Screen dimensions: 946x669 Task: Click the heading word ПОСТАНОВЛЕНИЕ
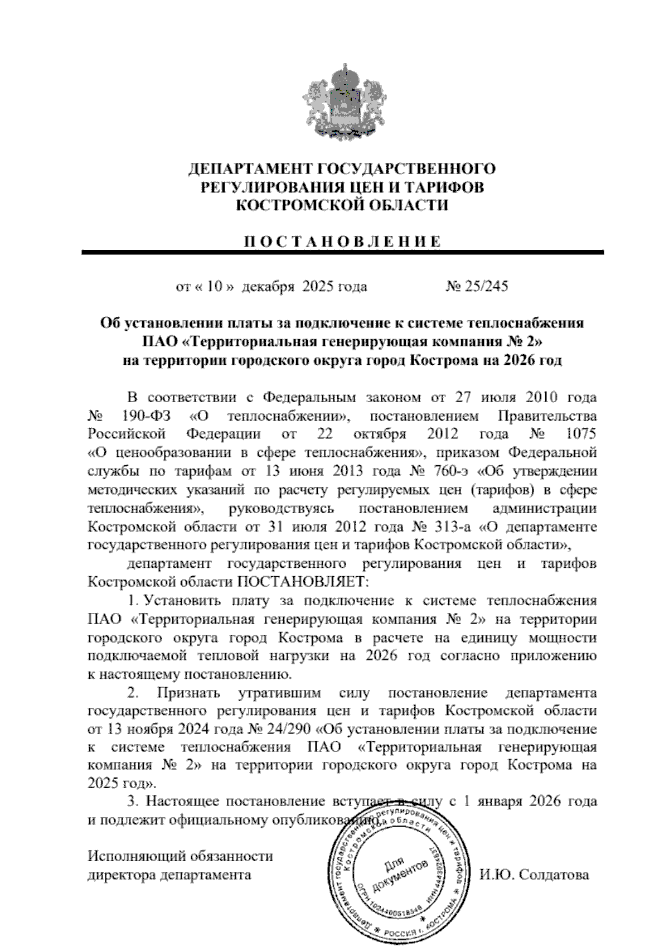point(343,242)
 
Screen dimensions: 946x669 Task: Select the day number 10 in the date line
point(215,287)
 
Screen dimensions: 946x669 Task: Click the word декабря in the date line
point(269,287)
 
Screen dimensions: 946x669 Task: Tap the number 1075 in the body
point(580,435)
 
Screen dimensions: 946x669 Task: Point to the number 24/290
point(289,730)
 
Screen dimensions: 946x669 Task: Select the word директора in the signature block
point(121,875)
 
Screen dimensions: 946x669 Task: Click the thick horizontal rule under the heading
point(343,253)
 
